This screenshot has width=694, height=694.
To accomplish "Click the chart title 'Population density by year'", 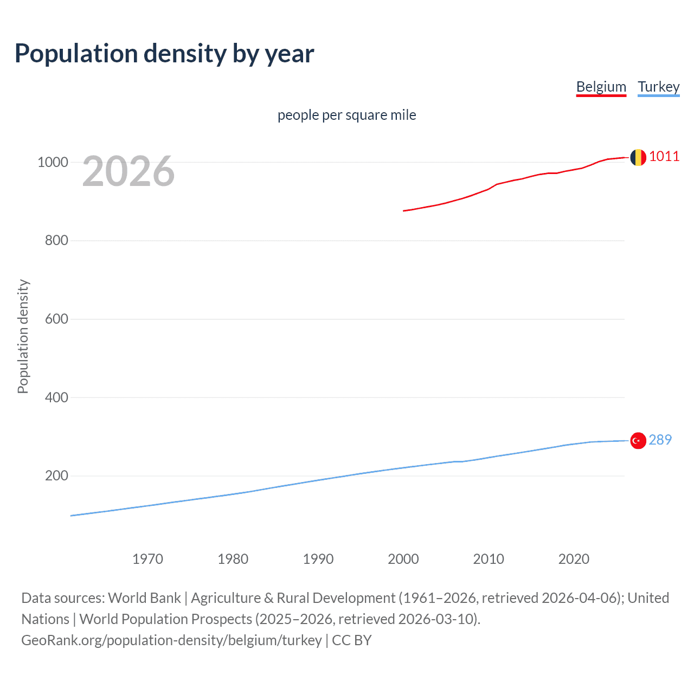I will click(x=164, y=54).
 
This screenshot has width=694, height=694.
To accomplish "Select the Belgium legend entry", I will click(x=601, y=87).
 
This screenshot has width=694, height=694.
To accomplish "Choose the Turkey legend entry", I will click(x=658, y=87).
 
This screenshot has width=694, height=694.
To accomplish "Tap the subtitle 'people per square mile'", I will click(x=346, y=115).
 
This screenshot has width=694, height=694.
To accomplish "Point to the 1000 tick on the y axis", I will click(x=53, y=162).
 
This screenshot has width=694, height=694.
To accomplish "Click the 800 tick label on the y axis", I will click(x=56, y=240).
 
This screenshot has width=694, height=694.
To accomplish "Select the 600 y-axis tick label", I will click(x=56, y=319).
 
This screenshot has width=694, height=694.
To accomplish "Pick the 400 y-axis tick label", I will click(x=56, y=397).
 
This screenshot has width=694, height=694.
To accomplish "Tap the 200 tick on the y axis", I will click(x=56, y=475).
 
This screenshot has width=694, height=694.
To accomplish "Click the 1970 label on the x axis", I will click(x=147, y=558).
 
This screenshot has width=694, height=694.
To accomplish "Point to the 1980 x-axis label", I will click(x=233, y=558).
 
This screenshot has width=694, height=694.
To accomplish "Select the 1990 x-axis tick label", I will click(x=318, y=558).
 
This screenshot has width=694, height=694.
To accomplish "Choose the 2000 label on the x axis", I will click(x=403, y=558).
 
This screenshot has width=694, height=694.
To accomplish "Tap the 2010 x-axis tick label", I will click(x=489, y=558).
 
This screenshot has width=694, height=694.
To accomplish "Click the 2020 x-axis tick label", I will click(x=574, y=558).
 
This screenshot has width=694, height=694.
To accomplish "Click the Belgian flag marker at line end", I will click(x=638, y=157).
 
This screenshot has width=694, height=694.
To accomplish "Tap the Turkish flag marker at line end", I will click(x=638, y=441).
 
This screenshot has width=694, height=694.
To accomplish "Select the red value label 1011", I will click(x=664, y=157).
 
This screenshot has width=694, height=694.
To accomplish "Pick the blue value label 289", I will click(x=660, y=440).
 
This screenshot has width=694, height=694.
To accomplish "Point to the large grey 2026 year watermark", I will click(x=128, y=171).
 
